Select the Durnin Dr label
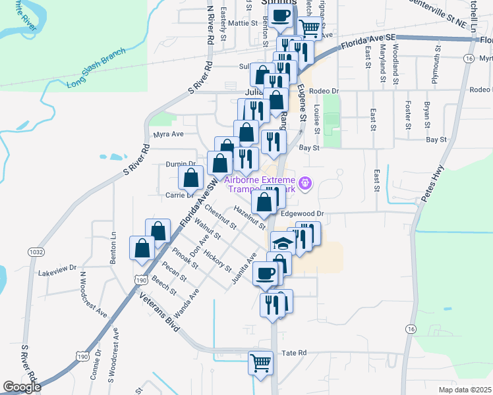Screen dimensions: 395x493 [x=181, y=164]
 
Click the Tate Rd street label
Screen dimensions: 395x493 [x=295, y=354]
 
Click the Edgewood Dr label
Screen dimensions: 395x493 [x=303, y=213]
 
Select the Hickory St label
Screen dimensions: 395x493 [x=217, y=261]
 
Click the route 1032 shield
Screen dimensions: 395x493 [x=36, y=252]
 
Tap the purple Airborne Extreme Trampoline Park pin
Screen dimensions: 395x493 [x=304, y=182]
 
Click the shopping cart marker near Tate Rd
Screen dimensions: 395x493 [x=260, y=362]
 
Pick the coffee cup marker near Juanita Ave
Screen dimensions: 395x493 [x=265, y=273]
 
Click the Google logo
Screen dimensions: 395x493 [x=22, y=387]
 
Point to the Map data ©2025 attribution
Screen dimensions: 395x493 [x=465, y=390]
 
